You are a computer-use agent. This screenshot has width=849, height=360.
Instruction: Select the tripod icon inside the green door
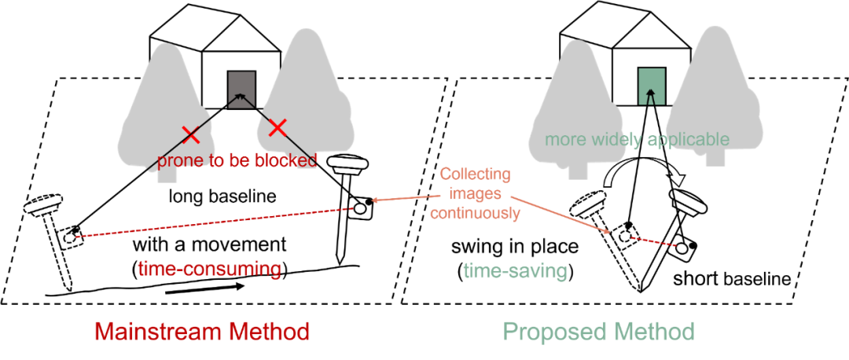pos(652,97)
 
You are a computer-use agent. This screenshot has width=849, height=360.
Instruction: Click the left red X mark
pos(189,134)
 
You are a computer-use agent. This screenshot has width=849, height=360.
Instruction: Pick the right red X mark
pos(277,127)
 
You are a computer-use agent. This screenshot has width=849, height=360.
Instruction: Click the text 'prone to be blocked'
pos(237,161)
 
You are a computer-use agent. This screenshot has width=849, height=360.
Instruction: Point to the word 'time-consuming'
pos(209,269)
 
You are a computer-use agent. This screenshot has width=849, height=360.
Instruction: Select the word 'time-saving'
pos(516,272)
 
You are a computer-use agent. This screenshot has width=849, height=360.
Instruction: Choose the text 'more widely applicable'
pos(637,140)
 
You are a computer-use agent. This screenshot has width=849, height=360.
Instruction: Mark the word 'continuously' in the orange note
pos(475,213)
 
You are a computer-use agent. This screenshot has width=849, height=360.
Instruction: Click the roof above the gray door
pos(241,35)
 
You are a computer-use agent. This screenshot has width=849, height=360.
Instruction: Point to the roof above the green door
pos(651,34)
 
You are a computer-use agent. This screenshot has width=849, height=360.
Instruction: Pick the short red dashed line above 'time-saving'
pos(653,241)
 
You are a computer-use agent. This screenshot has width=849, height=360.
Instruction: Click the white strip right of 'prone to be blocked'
pos(347,163)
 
